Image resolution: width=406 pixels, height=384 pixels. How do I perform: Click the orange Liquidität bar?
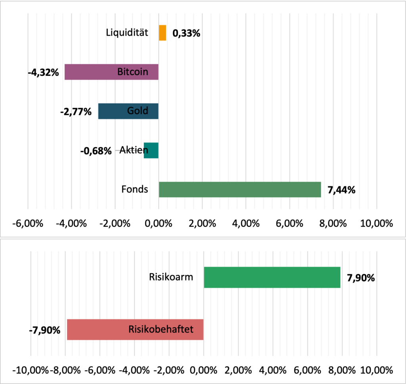click(163, 33)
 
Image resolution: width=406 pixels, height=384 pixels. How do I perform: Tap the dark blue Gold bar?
click(119, 111)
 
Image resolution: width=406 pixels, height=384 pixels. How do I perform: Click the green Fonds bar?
click(239, 189)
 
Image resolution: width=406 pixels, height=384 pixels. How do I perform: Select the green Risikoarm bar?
click(272, 277)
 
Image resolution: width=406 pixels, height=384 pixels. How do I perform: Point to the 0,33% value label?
click(186, 33)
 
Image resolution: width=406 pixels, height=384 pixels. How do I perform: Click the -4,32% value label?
click(43, 73)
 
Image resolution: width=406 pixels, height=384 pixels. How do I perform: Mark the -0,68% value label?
click(96, 151)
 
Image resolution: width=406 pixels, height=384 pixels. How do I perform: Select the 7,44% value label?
click(341, 190)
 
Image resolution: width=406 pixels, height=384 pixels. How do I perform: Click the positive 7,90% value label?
click(361, 278)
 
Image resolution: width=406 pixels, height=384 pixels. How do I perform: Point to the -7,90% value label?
click(44, 330)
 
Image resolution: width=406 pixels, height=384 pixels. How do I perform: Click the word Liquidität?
click(127, 33)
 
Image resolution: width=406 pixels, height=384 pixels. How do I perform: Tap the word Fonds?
click(135, 189)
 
